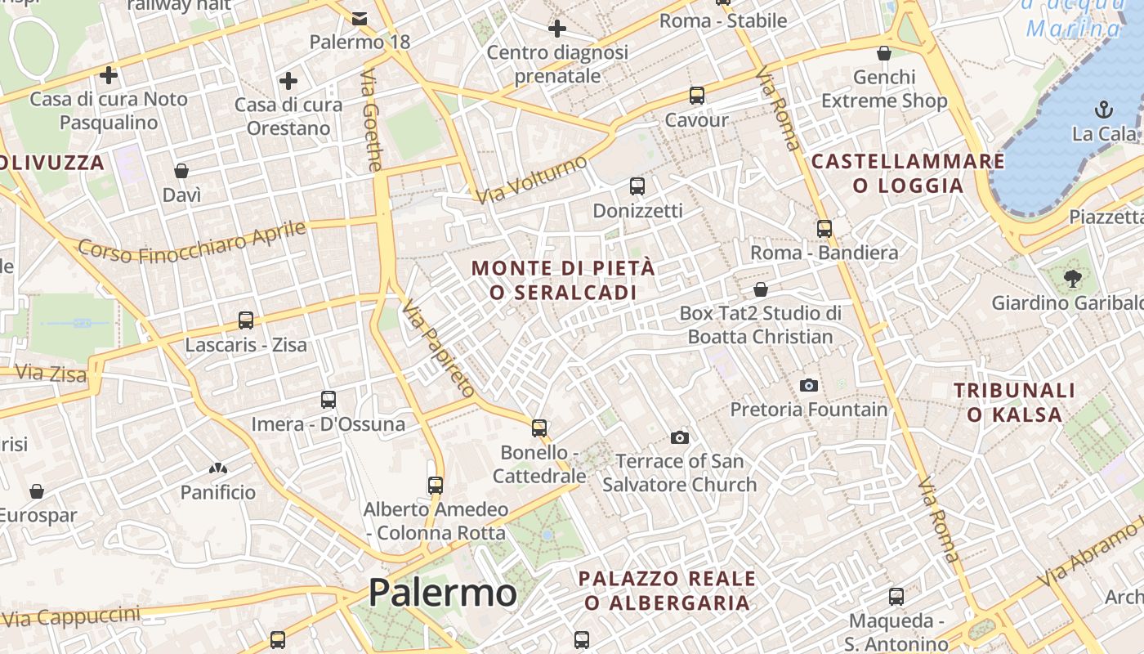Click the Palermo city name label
pos(442,593)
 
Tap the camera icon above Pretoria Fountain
pos(809,385)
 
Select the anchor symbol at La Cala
pos(1104,110)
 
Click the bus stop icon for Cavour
pos(696,96)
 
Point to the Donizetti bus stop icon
pos(637,186)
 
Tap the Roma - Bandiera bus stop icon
pos(824,229)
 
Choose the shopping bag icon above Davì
pos(181,171)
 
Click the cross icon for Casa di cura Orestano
pos(288,81)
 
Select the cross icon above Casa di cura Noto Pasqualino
pos(108,75)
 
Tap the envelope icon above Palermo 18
pos(360,18)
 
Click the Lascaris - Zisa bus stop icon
pos(246,320)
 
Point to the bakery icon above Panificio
pos(217,468)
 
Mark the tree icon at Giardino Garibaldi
pos(1073,279)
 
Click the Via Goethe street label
pos(371,120)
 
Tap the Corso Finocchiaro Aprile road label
pos(192,242)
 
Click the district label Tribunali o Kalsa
pos(1014,402)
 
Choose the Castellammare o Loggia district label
pos(908,173)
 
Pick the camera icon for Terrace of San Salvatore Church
pos(679,438)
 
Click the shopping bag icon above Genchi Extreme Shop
pos(883,54)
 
